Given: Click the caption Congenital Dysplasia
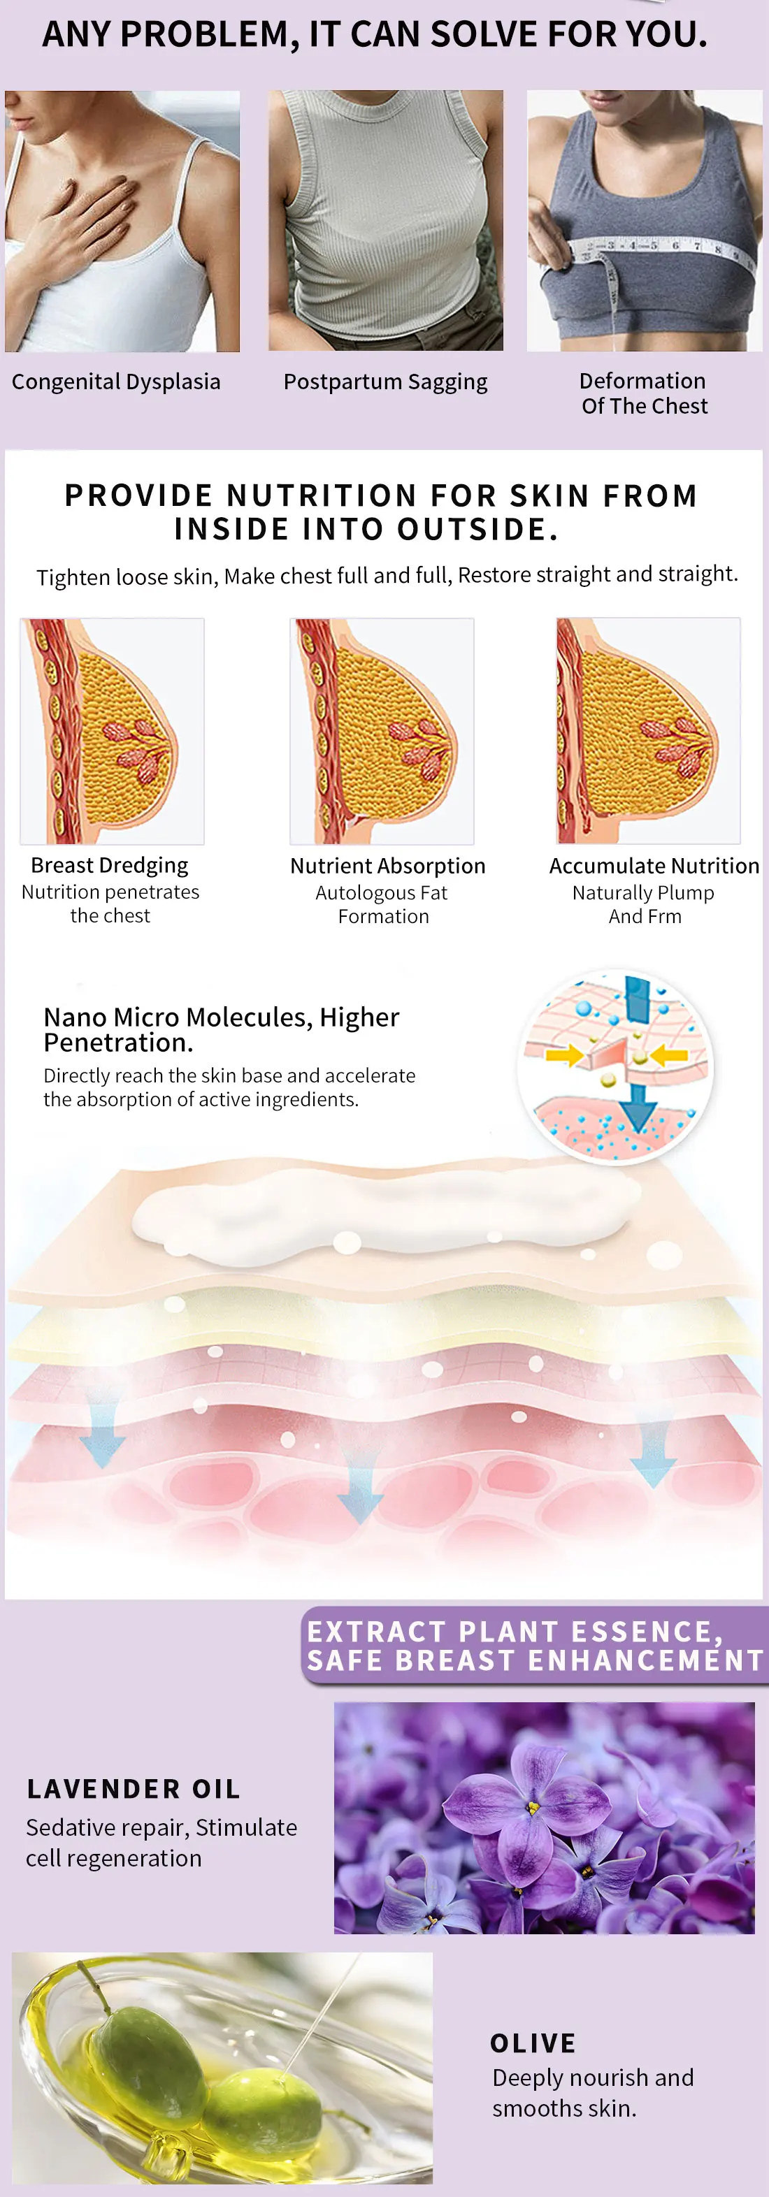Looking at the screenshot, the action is (x=116, y=382).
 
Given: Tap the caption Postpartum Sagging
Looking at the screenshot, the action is (x=385, y=382).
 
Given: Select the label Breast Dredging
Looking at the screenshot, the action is (x=109, y=865).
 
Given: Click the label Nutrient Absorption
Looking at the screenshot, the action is (x=387, y=866).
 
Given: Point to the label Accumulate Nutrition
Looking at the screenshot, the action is (x=654, y=866).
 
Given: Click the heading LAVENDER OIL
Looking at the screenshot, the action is (x=133, y=1788).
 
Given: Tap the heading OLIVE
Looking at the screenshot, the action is (x=533, y=2043).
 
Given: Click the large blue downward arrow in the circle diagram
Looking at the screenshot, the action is (x=638, y=1110).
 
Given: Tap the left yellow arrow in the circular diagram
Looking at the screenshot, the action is (x=564, y=1056).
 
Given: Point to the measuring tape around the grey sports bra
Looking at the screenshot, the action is (x=666, y=250).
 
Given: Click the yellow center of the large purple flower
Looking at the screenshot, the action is (x=533, y=1806).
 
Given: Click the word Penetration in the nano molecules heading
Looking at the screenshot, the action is (x=117, y=1042).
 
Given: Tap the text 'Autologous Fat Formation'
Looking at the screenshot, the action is (x=382, y=904).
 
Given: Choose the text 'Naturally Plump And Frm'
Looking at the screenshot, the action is (x=644, y=904).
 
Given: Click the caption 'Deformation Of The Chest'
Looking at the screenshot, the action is (x=644, y=393).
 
